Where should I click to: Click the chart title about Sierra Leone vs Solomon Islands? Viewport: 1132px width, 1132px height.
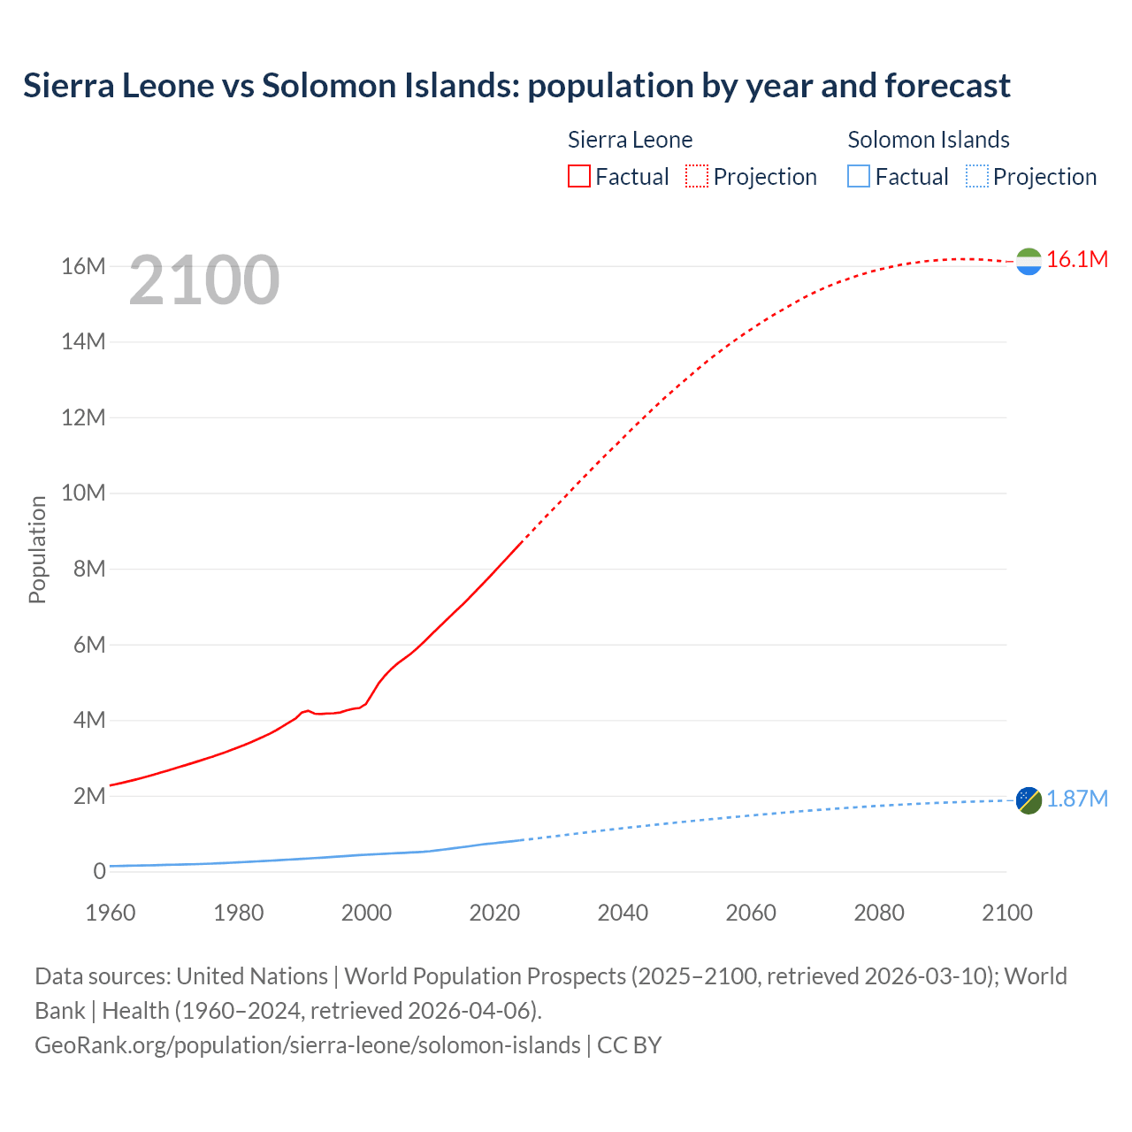click(516, 86)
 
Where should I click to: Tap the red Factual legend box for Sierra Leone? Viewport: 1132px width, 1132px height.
click(578, 176)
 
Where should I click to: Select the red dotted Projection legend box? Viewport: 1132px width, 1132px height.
click(697, 176)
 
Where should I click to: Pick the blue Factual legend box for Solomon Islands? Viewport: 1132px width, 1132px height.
click(859, 176)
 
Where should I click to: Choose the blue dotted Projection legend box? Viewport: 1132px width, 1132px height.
click(977, 176)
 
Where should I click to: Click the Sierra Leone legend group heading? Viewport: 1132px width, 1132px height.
click(630, 140)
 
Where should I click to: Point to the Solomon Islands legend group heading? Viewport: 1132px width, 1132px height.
click(929, 140)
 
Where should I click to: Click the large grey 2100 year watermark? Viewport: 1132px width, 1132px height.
click(204, 280)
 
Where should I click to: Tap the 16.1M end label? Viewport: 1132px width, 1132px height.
click(1076, 259)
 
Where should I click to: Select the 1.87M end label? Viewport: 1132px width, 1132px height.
click(1076, 799)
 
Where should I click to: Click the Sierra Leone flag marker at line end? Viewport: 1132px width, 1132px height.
click(1029, 261)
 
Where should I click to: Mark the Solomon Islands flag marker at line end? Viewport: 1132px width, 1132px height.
click(1029, 800)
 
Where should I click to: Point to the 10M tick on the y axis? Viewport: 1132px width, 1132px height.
click(83, 493)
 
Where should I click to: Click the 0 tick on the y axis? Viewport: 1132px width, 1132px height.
click(99, 871)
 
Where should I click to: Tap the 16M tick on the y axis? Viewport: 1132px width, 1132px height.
click(83, 266)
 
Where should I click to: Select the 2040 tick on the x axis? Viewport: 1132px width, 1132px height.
click(623, 913)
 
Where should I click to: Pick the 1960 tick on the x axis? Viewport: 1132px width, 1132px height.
click(111, 913)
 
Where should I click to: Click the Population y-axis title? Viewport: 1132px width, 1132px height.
click(37, 549)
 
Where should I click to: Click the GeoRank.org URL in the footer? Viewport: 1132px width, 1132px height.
click(308, 1045)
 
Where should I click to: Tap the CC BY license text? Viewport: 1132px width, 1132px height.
click(629, 1045)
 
